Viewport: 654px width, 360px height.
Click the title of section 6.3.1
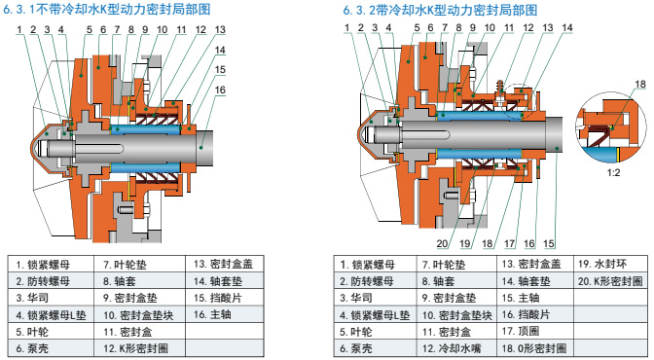click(107, 9)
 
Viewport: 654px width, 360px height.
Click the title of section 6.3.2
click(440, 10)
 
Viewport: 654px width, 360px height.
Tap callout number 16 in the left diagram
click(220, 90)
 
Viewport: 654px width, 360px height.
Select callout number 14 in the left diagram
click(220, 50)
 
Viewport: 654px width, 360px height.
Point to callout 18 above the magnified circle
click(640, 84)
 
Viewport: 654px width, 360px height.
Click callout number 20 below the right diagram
click(443, 243)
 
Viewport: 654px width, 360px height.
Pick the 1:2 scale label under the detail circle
click(613, 172)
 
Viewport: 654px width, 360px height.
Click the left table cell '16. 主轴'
click(225, 314)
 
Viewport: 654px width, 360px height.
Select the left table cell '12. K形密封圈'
click(140, 348)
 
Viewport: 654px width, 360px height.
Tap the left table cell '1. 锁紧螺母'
click(51, 265)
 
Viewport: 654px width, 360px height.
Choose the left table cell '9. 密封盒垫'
click(140, 298)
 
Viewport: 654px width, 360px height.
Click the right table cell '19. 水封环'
click(610, 264)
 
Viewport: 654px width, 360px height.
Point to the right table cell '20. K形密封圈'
click(610, 281)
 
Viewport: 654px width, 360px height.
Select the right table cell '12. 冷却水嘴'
click(456, 348)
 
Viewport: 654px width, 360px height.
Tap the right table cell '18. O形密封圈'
click(535, 348)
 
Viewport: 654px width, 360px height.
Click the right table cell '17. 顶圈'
click(535, 331)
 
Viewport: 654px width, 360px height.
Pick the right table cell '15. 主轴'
click(535, 298)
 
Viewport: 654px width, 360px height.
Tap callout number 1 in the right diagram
click(347, 28)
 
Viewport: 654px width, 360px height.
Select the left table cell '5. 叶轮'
click(51, 332)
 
